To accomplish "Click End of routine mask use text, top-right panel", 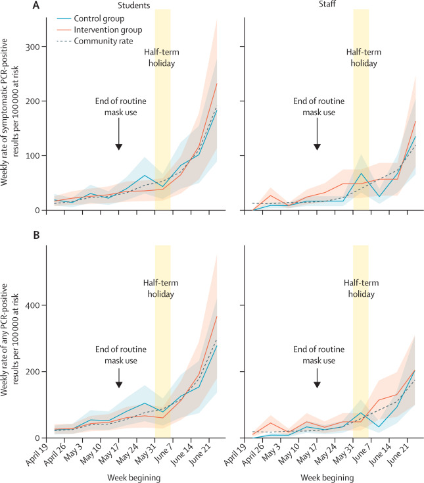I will (316, 107).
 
